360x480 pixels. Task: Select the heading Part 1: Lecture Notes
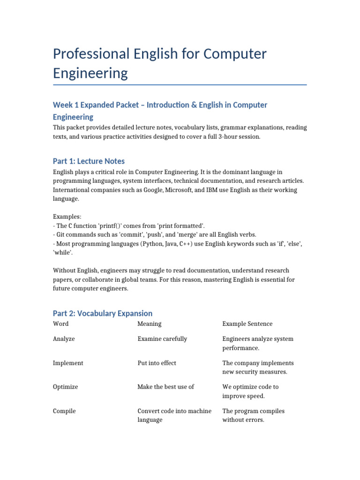pyautogui.click(x=89, y=161)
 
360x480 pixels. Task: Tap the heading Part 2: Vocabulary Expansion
pyautogui.click(x=103, y=313)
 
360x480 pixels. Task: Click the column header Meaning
pyautogui.click(x=149, y=324)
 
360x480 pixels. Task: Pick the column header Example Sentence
pyautogui.click(x=247, y=324)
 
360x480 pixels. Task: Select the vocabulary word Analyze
pyautogui.click(x=64, y=339)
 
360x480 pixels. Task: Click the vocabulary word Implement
pyautogui.click(x=68, y=363)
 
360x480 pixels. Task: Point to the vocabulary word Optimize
pyautogui.click(x=66, y=387)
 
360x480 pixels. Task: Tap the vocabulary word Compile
pyautogui.click(x=64, y=411)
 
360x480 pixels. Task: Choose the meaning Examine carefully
pyautogui.click(x=162, y=339)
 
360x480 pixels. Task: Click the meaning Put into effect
pyautogui.click(x=157, y=363)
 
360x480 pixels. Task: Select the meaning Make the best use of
pyautogui.click(x=165, y=387)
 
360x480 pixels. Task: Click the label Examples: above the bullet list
pyautogui.click(x=67, y=217)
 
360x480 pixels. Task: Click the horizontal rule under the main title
pyautogui.click(x=180, y=85)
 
